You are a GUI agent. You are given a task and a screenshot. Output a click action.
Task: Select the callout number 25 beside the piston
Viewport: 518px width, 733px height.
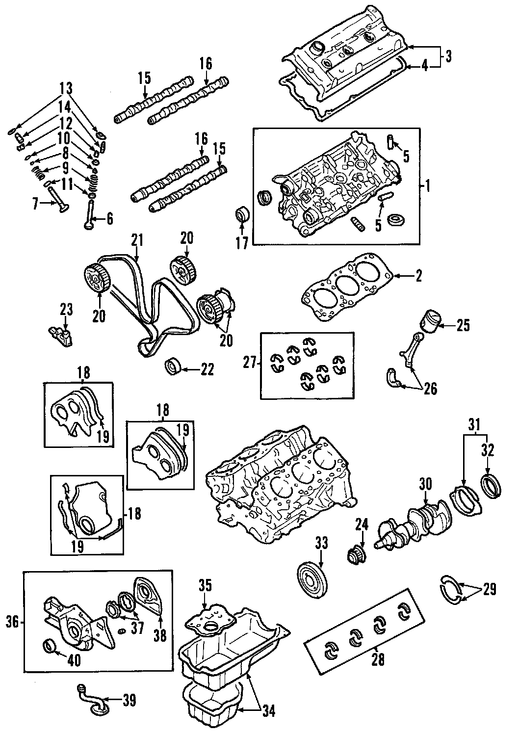(x=463, y=325)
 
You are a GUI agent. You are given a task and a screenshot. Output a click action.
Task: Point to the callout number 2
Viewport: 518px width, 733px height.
(x=418, y=277)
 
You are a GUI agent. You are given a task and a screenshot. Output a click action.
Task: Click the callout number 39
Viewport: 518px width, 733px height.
(x=129, y=700)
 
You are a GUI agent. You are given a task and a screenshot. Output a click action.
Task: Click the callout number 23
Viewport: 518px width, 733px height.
(x=66, y=310)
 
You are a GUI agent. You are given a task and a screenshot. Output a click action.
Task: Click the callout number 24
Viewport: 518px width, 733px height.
(x=362, y=525)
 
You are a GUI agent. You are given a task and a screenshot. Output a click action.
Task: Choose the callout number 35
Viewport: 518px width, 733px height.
(x=205, y=585)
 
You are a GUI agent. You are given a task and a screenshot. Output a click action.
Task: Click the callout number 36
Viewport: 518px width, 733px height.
(x=13, y=623)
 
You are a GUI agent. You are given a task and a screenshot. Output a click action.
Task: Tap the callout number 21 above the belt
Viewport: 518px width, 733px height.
(x=136, y=240)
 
